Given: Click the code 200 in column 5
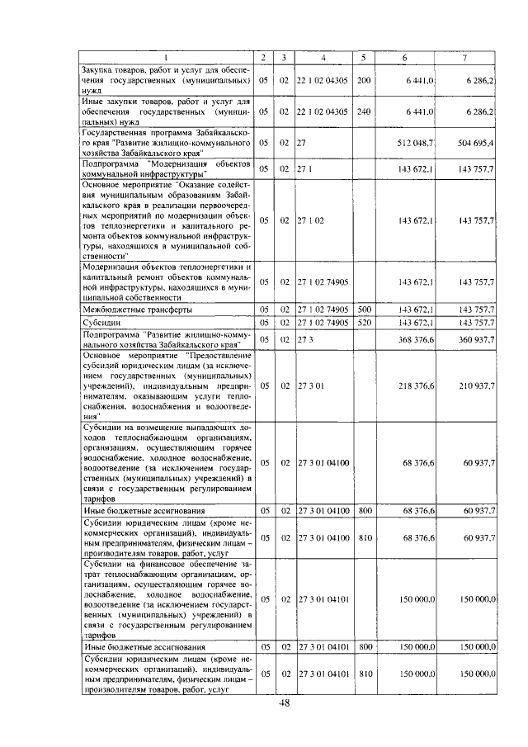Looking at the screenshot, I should click(364, 80).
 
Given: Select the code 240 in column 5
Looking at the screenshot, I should click(364, 111).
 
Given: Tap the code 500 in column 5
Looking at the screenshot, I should click(364, 310).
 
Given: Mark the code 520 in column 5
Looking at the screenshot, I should click(364, 323).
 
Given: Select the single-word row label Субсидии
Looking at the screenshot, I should click(104, 323).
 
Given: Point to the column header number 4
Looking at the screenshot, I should click(323, 57).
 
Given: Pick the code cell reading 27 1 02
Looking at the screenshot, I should click(312, 220).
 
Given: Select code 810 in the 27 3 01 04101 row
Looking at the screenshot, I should click(364, 674).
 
